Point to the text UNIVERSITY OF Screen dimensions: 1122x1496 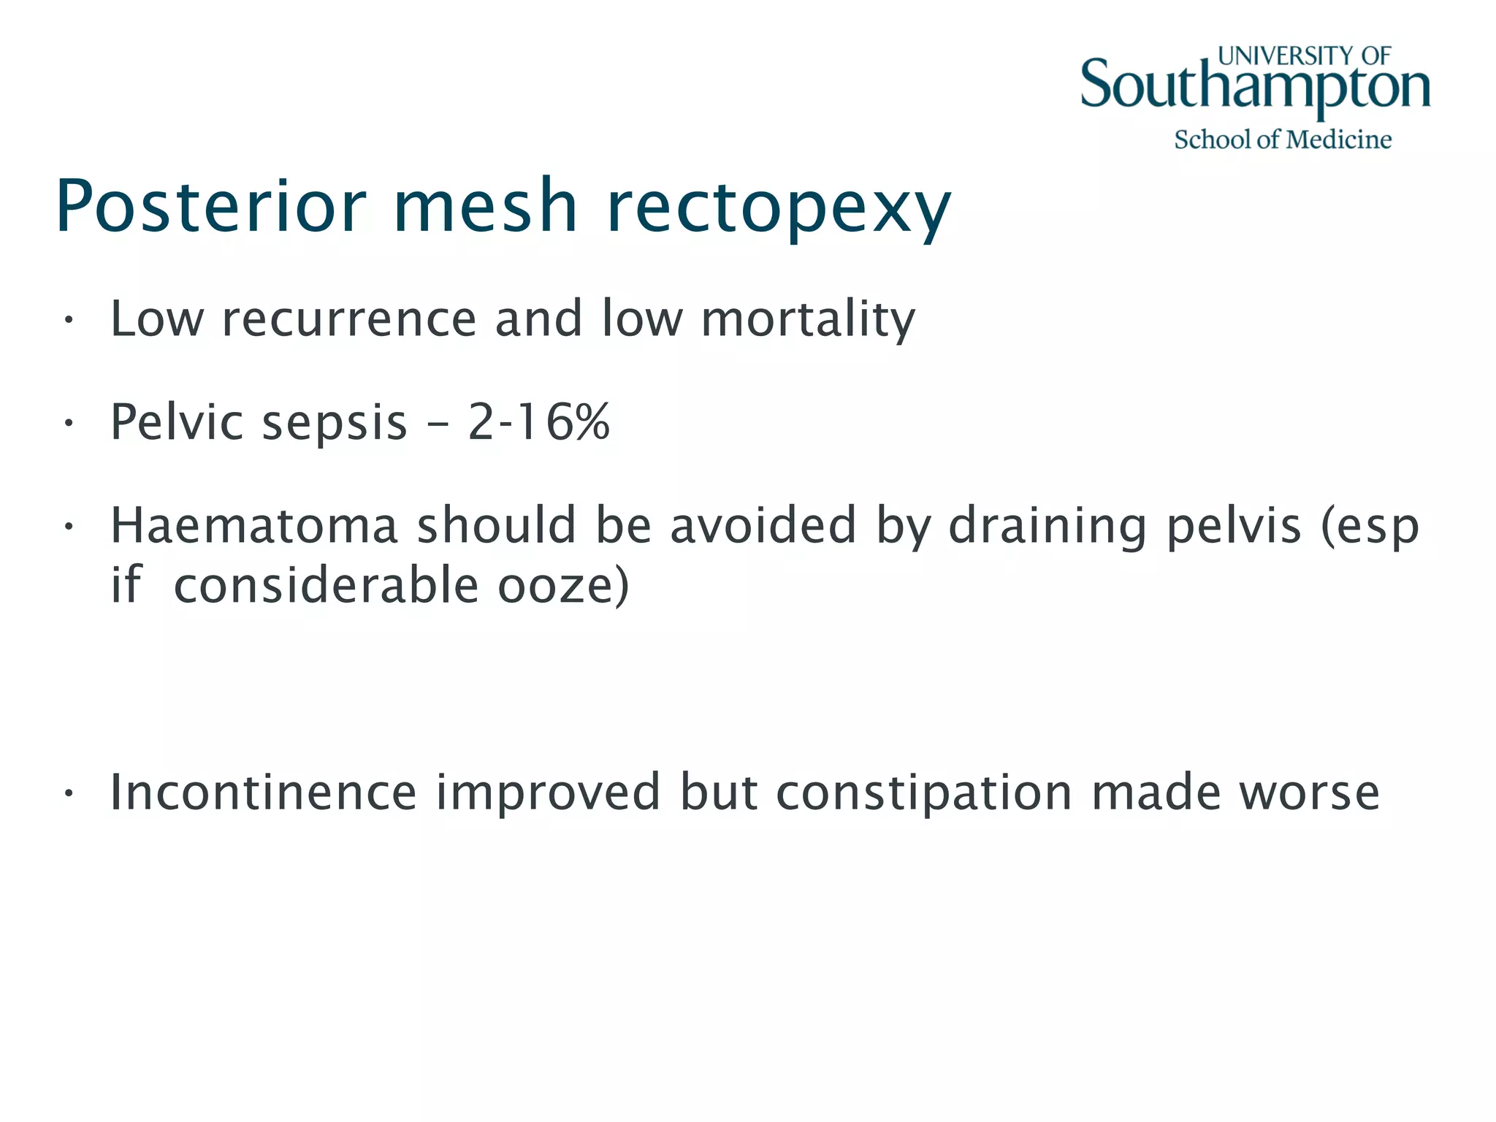(x=1304, y=56)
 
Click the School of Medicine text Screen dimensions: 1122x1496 (x=1283, y=140)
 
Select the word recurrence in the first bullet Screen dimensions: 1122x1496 (x=349, y=319)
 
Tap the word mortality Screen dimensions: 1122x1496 (x=808, y=319)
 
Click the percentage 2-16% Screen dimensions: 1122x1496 (x=538, y=422)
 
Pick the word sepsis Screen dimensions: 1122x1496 (x=335, y=424)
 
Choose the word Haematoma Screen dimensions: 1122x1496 (x=254, y=525)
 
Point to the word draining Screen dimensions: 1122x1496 (x=1047, y=527)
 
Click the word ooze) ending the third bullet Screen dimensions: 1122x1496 (x=563, y=586)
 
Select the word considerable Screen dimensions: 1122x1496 (x=327, y=586)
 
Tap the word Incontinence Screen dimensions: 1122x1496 (x=264, y=792)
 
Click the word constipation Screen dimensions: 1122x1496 (x=924, y=793)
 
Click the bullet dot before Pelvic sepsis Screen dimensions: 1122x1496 (x=68, y=423)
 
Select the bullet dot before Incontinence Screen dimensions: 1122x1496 (x=68, y=793)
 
